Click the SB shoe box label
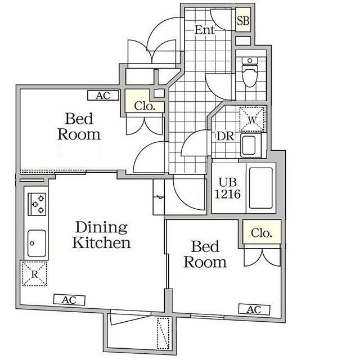[x=243, y=21]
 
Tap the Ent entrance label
[x=205, y=30]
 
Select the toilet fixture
[x=250, y=72]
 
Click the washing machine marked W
[x=252, y=119]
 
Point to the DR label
[x=226, y=136]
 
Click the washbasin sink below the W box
[x=249, y=146]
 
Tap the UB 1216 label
[x=227, y=188]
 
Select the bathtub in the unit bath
[x=261, y=188]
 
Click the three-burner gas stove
[x=37, y=204]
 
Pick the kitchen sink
[x=37, y=243]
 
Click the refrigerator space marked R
[x=35, y=274]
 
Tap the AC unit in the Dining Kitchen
[x=69, y=300]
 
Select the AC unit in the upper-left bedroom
[x=103, y=95]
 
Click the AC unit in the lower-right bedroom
[x=254, y=309]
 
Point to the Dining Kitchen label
[x=101, y=235]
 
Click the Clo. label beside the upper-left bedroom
[x=145, y=106]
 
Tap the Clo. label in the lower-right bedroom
[x=262, y=233]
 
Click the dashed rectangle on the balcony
[x=163, y=334]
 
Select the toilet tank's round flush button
[x=250, y=61]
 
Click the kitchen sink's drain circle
[x=32, y=243]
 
